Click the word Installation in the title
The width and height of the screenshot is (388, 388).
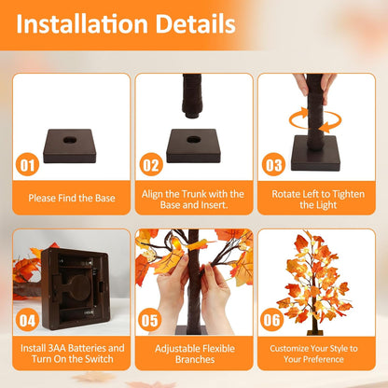pos(82,23)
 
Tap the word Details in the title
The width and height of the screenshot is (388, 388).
pos(195,23)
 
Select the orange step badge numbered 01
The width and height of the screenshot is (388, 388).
pos(27,165)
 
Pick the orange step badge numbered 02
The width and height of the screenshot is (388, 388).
pos(151,165)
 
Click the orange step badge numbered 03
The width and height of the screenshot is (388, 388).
pos(273,165)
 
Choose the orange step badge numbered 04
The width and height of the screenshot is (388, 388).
pos(27,320)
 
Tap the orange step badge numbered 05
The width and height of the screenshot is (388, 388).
pos(149,320)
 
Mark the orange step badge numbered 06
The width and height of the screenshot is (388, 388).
pos(272,320)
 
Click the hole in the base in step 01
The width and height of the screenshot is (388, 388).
pos(71,140)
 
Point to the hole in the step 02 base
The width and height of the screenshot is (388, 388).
pos(194,139)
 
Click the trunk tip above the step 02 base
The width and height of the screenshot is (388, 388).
pos(192,116)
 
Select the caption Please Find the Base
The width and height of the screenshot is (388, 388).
pos(72,198)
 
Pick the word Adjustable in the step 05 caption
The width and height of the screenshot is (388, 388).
pos(177,349)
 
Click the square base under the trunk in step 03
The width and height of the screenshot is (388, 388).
pos(314,153)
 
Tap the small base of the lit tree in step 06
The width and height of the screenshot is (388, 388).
pos(314,333)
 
